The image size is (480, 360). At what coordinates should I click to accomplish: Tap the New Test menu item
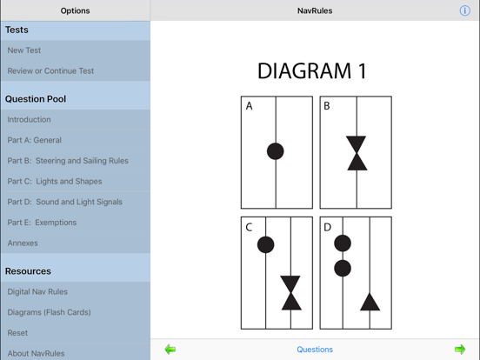[24, 50]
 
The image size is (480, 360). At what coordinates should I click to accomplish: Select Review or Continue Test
[50, 71]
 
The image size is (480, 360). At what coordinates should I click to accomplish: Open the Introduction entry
[30, 119]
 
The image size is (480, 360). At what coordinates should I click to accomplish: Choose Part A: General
[35, 140]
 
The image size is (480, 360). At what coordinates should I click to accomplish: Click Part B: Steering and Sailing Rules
[68, 161]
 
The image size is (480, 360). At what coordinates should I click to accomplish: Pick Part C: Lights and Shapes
[55, 182]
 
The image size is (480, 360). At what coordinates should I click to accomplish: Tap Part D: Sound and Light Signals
[65, 202]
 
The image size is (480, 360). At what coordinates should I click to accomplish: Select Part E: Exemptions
[42, 223]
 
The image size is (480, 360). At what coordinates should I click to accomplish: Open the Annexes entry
[23, 243]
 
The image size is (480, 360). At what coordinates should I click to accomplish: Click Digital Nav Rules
[37, 292]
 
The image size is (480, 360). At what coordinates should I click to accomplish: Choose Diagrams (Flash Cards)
[49, 312]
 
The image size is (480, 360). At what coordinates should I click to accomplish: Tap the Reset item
[17, 333]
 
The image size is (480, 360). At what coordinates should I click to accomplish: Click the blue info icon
[464, 10]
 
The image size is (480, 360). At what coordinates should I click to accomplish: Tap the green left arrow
[170, 350]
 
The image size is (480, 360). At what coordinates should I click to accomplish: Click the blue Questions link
[315, 350]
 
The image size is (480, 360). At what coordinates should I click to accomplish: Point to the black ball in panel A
[275, 151]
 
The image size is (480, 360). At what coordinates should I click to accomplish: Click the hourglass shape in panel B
[357, 152]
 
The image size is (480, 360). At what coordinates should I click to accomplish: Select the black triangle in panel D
[370, 303]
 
